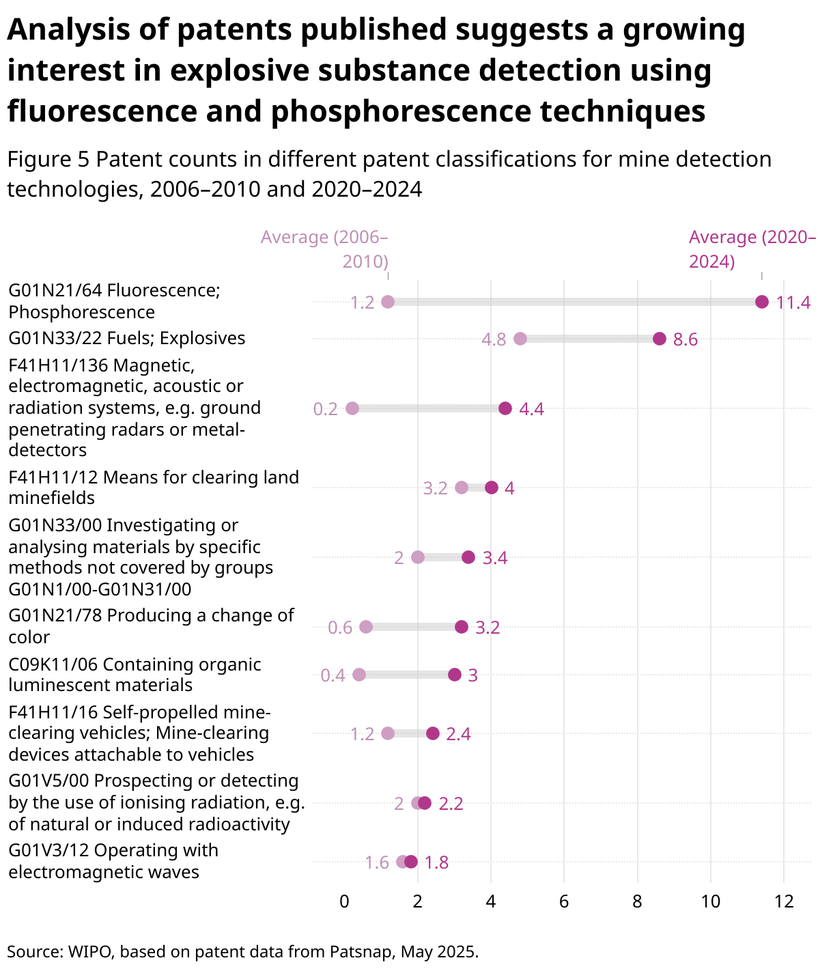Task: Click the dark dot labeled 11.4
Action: pos(762,302)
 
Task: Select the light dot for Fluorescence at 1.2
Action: pos(388,302)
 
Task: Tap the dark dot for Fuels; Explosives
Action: pos(659,339)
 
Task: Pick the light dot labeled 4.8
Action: pos(520,339)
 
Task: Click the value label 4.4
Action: pos(531,409)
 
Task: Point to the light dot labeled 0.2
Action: pos(352,408)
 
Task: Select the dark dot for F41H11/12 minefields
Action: pos(491,488)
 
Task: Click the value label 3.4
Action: pos(494,558)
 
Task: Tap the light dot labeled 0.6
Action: pos(366,627)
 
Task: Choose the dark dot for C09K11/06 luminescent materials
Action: pos(454,675)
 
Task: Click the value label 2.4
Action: pos(458,734)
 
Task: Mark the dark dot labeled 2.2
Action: pos(425,803)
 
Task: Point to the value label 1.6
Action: pos(376,862)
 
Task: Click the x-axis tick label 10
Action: pos(711,901)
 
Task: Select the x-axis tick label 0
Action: pos(344,901)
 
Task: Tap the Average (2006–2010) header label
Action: pos(324,249)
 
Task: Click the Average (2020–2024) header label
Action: pos(752,249)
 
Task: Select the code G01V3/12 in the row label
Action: pos(48,850)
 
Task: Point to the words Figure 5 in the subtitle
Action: pos(48,160)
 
